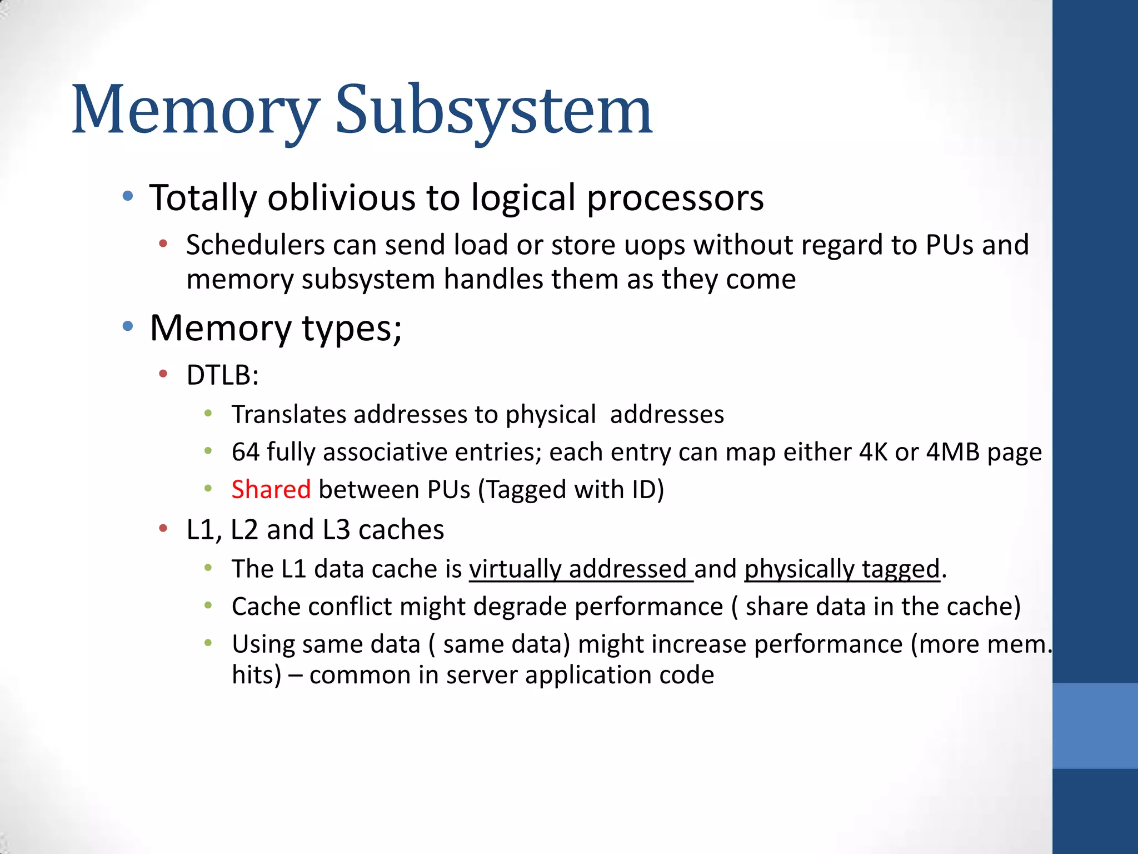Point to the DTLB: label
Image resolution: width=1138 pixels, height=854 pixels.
(x=222, y=375)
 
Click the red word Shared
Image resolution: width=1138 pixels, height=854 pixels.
(x=271, y=490)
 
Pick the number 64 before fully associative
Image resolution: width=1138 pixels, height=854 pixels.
(x=245, y=452)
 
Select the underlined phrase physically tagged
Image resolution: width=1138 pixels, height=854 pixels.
(x=842, y=569)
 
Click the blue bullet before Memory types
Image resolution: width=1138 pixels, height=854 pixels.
(x=128, y=326)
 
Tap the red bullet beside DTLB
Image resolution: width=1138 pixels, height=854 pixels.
(x=163, y=374)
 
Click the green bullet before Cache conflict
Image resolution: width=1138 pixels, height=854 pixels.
(x=208, y=605)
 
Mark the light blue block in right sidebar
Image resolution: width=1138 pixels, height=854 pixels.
(x=1095, y=726)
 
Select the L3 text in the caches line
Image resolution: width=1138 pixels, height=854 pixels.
(x=336, y=530)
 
